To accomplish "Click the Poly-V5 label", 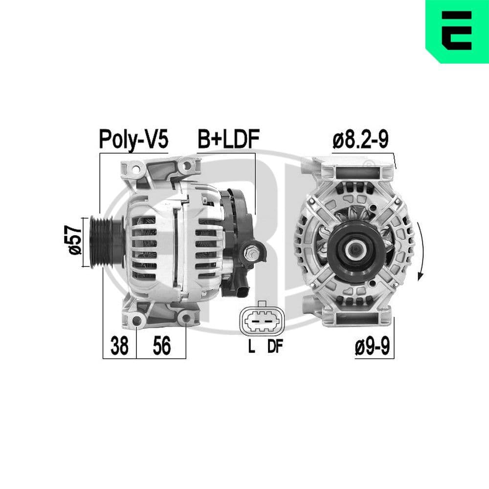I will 133,139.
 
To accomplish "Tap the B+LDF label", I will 227,139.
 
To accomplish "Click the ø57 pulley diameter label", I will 75,240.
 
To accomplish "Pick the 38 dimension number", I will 119,346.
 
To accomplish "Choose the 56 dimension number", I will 161,346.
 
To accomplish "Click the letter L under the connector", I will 251,347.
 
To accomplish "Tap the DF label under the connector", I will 275,347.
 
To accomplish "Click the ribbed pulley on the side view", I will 103,241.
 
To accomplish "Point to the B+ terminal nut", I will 252,253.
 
